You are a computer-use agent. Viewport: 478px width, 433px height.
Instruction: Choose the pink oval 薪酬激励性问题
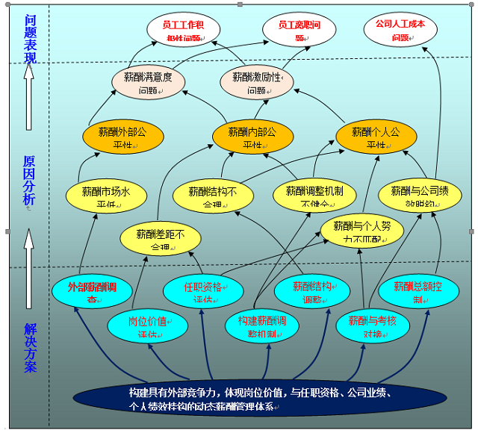click(x=257, y=83)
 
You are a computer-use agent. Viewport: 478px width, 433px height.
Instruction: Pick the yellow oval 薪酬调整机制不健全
click(x=314, y=196)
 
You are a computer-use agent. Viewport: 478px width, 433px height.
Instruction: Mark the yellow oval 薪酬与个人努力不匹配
click(x=362, y=231)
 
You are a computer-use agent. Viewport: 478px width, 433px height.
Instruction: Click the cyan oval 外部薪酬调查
click(x=93, y=292)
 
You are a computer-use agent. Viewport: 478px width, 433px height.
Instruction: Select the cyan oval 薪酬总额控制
click(x=419, y=292)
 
